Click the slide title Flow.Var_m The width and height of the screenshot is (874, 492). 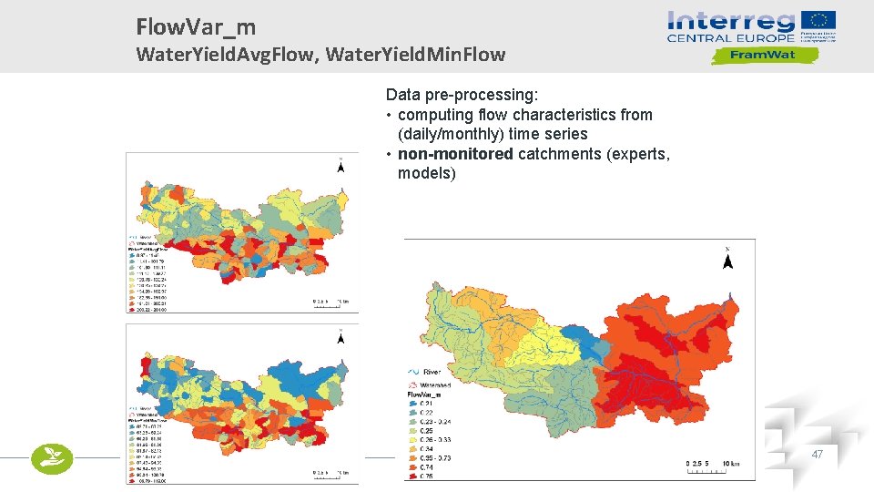pyautogui.click(x=196, y=27)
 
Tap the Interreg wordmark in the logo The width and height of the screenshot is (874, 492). pyautogui.click(x=730, y=22)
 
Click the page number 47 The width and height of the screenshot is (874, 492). pyautogui.click(x=817, y=454)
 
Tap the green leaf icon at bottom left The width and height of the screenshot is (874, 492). pyautogui.click(x=51, y=458)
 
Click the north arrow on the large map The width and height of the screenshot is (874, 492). pyautogui.click(x=727, y=261)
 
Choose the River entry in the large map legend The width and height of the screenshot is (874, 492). pyautogui.click(x=427, y=372)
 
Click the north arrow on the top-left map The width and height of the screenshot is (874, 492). pyautogui.click(x=340, y=166)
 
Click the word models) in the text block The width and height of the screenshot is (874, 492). pyautogui.click(x=426, y=173)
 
